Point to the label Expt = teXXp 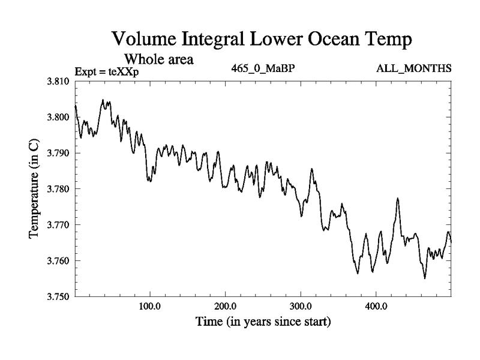pyautogui.click(x=107, y=72)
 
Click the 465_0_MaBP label pyautogui.click(x=263, y=68)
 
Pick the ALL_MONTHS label pyautogui.click(x=414, y=68)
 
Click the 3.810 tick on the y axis pyautogui.click(x=59, y=82)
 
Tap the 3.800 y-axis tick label pyautogui.click(x=59, y=118)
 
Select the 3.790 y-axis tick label pyautogui.click(x=59, y=154)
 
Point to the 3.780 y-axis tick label pyautogui.click(x=59, y=190)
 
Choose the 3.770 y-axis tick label pyautogui.click(x=59, y=225)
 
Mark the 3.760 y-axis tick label pyautogui.click(x=59, y=261)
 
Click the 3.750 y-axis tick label pyautogui.click(x=59, y=297)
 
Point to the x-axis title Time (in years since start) pyautogui.click(x=263, y=322)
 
